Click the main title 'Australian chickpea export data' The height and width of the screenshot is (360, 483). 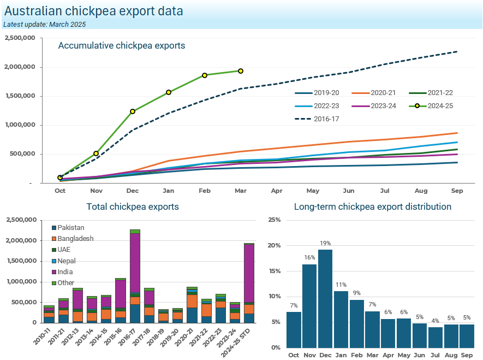(x=93, y=11)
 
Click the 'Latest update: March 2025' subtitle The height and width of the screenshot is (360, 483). (x=44, y=24)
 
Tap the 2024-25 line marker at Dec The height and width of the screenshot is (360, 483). (x=133, y=111)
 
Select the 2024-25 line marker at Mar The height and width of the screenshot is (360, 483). (x=241, y=71)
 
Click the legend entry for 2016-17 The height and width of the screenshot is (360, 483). (x=317, y=119)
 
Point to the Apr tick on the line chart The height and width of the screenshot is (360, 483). (x=277, y=191)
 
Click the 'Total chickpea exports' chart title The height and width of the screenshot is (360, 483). (x=133, y=206)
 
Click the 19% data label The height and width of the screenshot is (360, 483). (x=325, y=243)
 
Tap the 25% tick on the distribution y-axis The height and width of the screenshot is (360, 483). (x=275, y=220)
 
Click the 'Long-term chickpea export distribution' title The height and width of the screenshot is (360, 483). (x=373, y=206)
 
